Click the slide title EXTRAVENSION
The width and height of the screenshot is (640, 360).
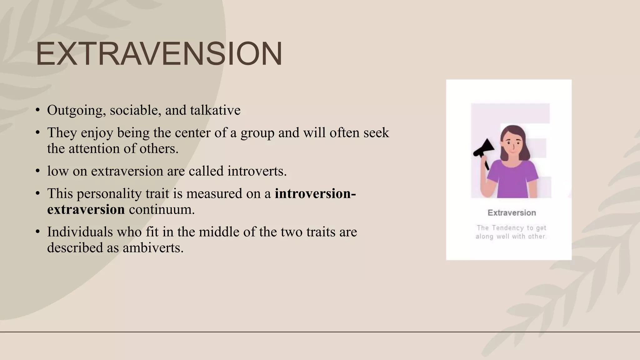point(159,54)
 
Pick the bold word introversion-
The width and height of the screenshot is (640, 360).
point(315,194)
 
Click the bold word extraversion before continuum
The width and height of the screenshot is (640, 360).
point(86,209)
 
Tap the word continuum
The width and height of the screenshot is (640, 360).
point(162,209)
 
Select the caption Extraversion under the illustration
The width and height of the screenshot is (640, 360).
point(512,213)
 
